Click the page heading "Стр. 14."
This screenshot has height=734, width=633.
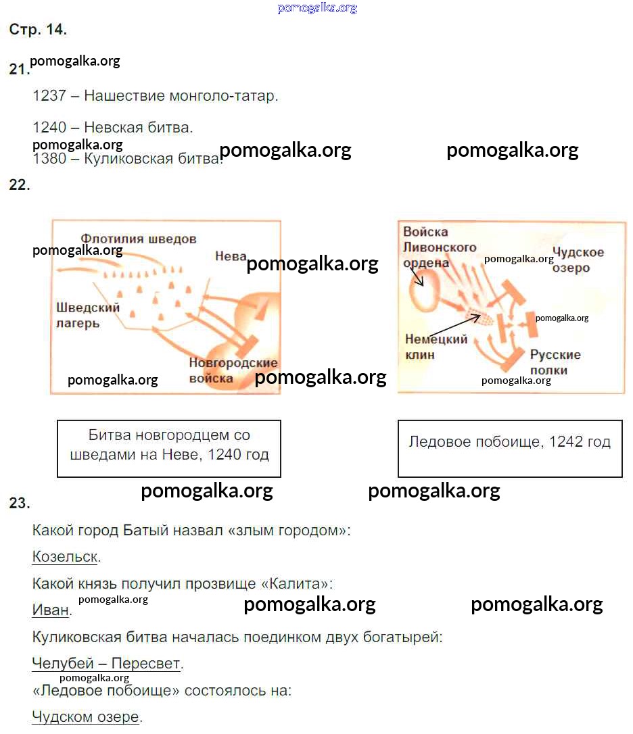[38, 30]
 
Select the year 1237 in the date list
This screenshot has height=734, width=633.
[49, 96]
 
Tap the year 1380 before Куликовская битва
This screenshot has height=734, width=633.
[49, 160]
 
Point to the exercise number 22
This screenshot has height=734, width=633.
[19, 185]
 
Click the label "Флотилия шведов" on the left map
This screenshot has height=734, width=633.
[139, 239]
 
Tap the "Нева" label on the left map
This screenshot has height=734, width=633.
[231, 255]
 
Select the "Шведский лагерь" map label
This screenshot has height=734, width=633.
[88, 315]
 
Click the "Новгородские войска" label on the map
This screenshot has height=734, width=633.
[233, 370]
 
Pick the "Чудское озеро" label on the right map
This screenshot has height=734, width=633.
[578, 260]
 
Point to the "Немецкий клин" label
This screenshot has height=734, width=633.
[436, 346]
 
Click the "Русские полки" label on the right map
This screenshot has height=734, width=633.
[555, 362]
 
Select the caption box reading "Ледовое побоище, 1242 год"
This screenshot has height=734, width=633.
[509, 448]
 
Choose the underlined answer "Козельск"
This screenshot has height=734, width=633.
[65, 557]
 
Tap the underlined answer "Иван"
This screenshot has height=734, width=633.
[50, 610]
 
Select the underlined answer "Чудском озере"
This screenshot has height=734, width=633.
[85, 716]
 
